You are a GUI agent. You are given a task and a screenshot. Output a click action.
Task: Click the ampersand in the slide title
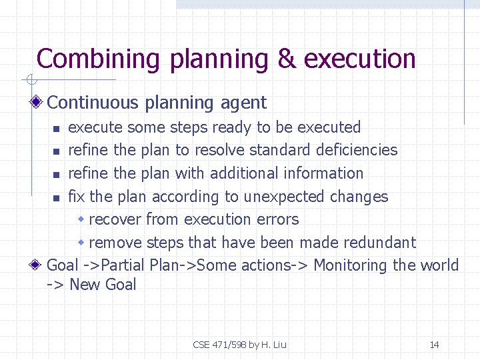tap(286, 59)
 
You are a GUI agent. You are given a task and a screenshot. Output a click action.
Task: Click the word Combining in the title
tap(98, 59)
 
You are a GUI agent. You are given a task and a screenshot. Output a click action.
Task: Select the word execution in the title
tap(359, 59)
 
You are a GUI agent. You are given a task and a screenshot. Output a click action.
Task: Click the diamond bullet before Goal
tap(38, 265)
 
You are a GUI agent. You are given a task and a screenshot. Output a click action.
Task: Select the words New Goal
tap(103, 285)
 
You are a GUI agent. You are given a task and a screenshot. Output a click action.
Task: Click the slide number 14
tap(434, 345)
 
